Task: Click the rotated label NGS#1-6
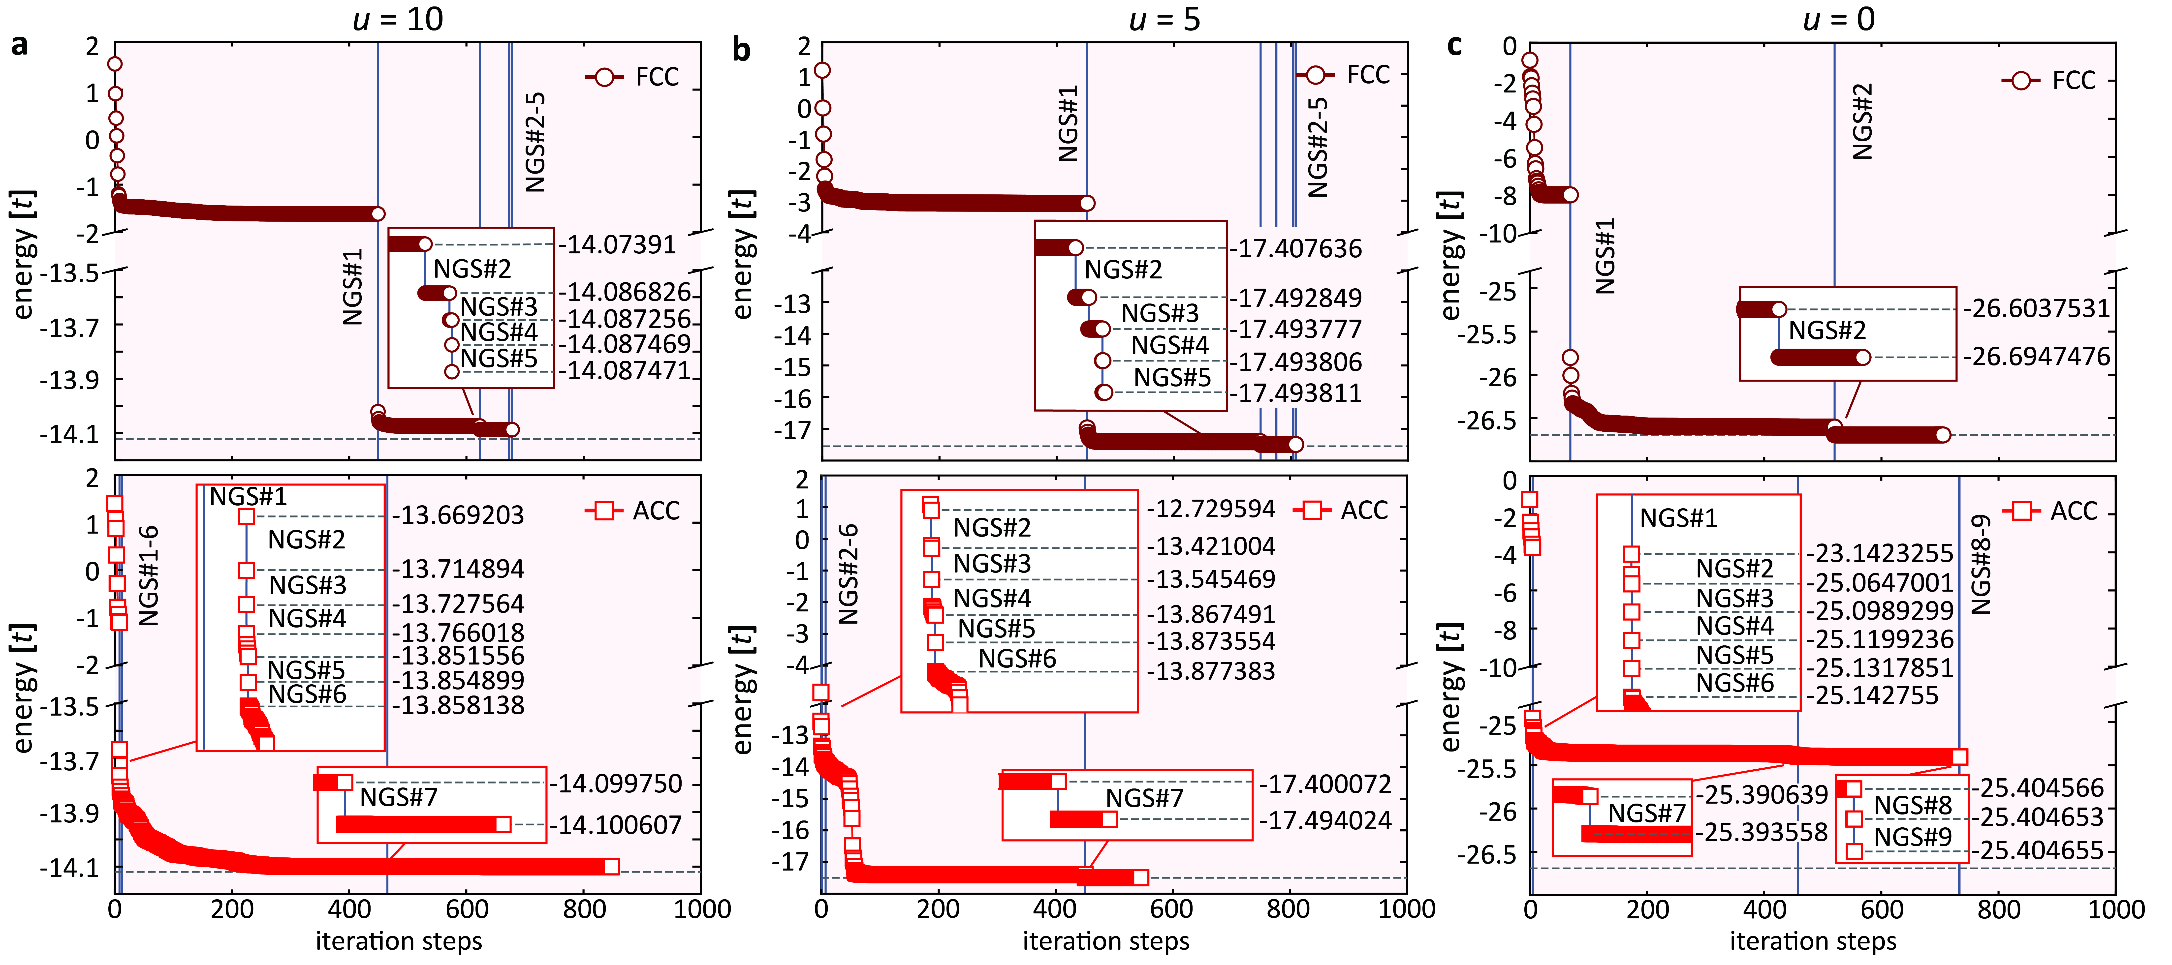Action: click(148, 576)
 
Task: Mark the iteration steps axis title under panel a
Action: click(399, 941)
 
